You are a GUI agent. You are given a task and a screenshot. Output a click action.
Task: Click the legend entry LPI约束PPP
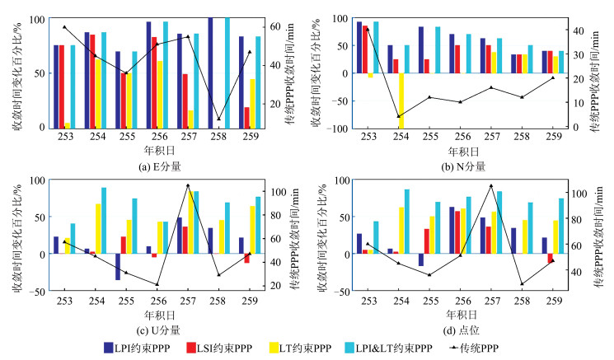140,348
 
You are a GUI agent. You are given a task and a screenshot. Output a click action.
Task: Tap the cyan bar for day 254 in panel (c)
103,221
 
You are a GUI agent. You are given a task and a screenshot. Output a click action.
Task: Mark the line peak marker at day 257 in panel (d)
492,186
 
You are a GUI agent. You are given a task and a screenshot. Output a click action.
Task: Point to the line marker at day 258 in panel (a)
218,119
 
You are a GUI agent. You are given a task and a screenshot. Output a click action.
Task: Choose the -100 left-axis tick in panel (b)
339,129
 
